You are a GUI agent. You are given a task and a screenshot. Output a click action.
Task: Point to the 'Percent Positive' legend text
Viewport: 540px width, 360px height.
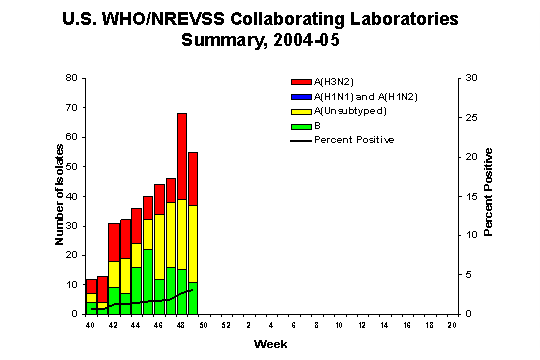pos(354,140)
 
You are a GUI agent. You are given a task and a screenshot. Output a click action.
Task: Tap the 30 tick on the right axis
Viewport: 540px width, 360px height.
pos(466,78)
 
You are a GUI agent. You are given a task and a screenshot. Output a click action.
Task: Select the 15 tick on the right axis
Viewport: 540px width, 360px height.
pos(466,196)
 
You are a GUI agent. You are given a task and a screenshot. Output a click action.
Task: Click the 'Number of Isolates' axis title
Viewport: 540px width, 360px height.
pos(60,196)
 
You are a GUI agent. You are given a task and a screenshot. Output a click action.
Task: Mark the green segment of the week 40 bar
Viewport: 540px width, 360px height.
pos(91,307)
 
